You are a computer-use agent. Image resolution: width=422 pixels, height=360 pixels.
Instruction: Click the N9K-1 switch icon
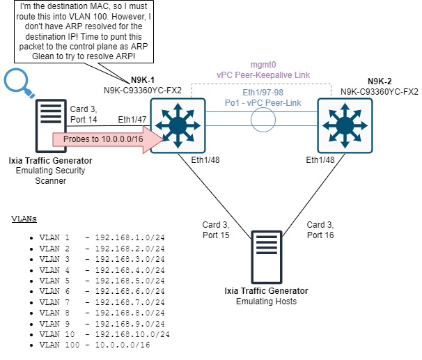179,124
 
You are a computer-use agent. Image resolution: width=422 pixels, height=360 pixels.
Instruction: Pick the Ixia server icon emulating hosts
266,257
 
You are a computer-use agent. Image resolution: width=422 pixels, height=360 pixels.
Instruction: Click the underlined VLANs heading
24,218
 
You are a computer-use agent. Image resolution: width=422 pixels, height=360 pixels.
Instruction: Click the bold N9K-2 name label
380,80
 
